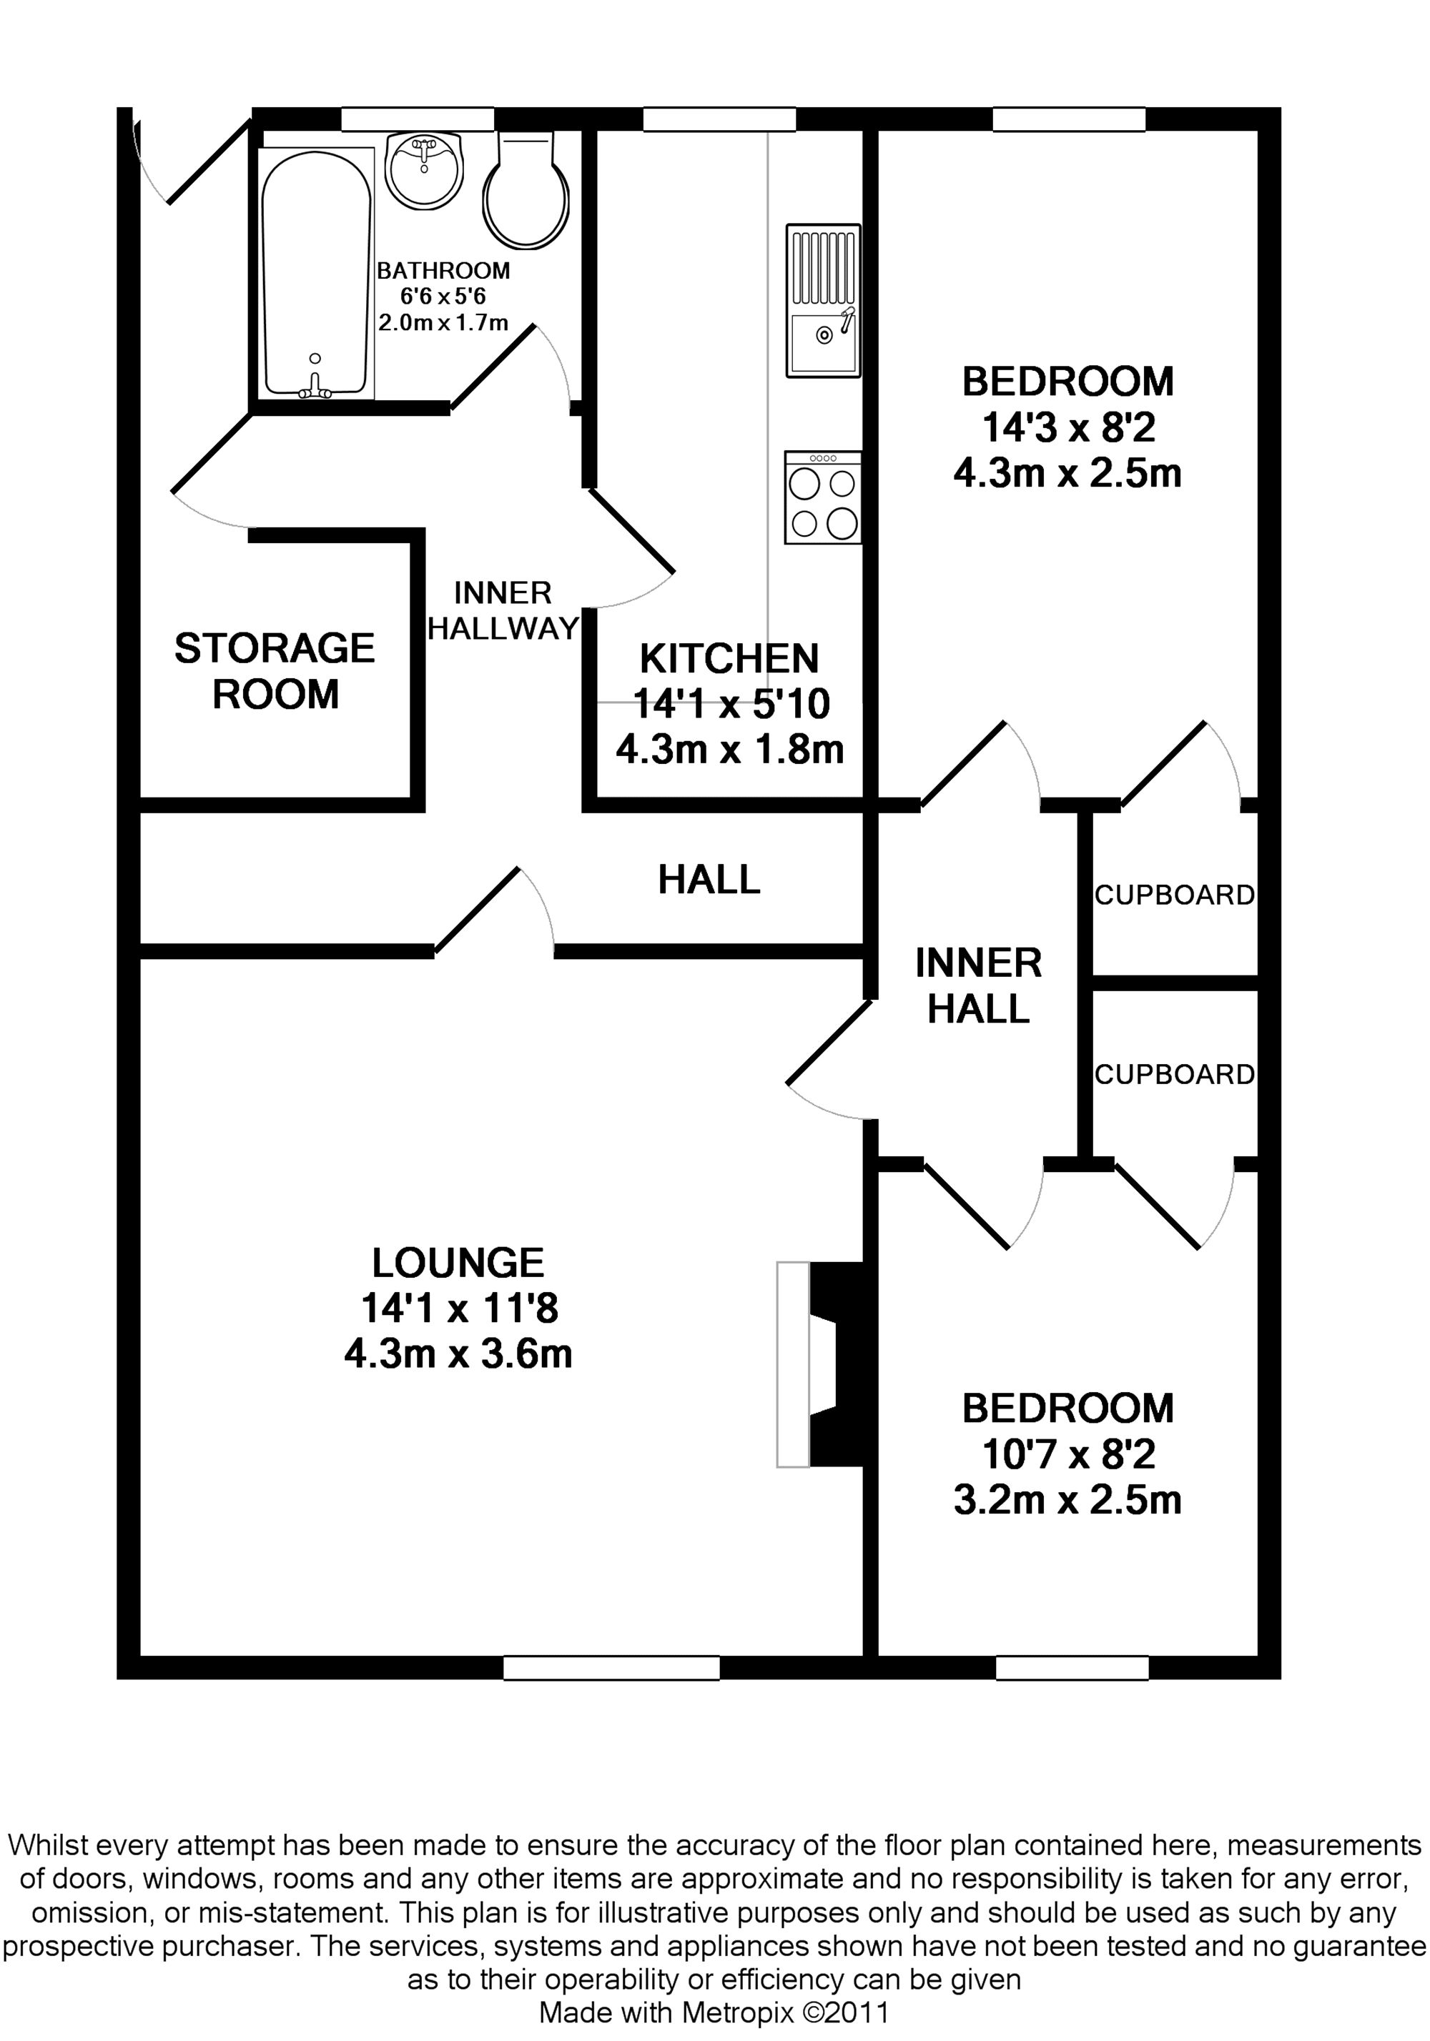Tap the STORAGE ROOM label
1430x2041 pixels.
pyautogui.click(x=275, y=671)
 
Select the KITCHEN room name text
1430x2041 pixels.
pyautogui.click(x=729, y=659)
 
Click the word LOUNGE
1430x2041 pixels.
pyautogui.click(x=458, y=1262)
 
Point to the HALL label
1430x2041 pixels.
pyautogui.click(x=709, y=879)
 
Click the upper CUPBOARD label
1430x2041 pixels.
pyautogui.click(x=1174, y=895)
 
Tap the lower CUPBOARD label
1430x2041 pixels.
pyautogui.click(x=1174, y=1075)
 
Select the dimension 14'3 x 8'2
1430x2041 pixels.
pyautogui.click(x=1068, y=427)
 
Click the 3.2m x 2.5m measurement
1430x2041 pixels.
pyautogui.click(x=1067, y=1499)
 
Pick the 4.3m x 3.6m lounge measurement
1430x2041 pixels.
pyautogui.click(x=458, y=1354)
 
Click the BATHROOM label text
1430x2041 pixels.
pyautogui.click(x=443, y=270)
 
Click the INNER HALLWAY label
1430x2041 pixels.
pyautogui.click(x=503, y=611)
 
